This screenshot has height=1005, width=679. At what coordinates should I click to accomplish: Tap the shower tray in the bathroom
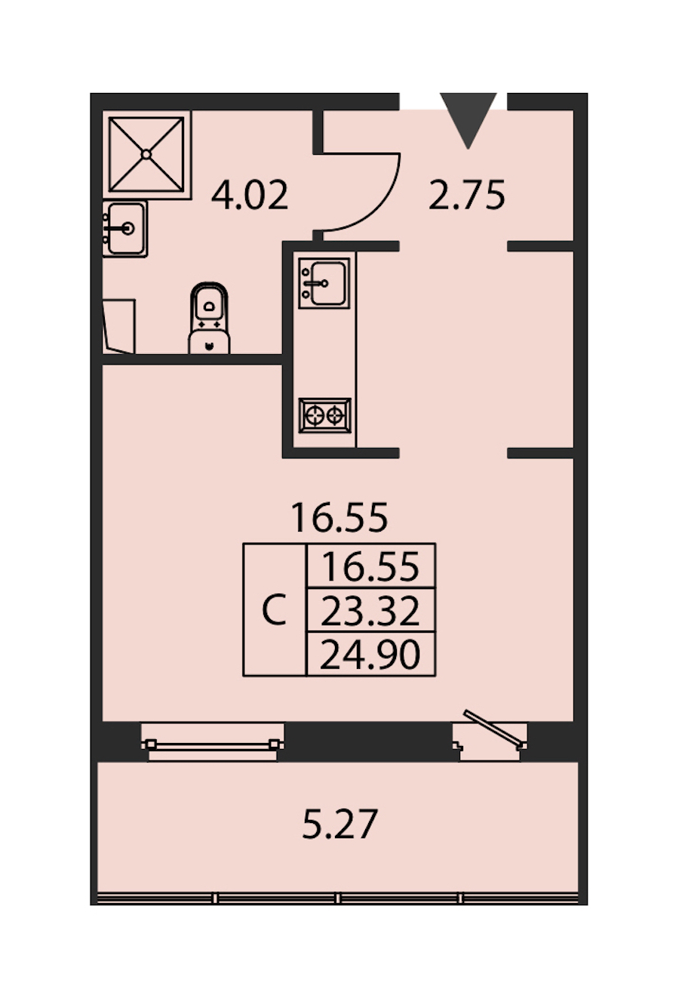(146, 154)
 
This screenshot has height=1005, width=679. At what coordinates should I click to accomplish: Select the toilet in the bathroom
(209, 318)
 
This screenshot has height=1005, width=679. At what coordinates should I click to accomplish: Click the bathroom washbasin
(125, 229)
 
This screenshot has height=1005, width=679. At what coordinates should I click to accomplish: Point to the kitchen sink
(324, 283)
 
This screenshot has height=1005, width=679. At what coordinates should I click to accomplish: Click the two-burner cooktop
(325, 415)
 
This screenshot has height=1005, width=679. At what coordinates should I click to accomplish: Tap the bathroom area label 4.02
(250, 195)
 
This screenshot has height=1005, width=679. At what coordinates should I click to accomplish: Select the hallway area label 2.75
(466, 195)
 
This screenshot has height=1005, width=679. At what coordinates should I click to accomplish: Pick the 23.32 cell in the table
(370, 611)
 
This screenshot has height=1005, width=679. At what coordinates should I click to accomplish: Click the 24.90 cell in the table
(370, 654)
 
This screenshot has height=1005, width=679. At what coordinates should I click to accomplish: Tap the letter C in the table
(275, 609)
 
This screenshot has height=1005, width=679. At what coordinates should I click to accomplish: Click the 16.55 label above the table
(339, 518)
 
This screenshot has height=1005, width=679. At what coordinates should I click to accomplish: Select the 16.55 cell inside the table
(370, 566)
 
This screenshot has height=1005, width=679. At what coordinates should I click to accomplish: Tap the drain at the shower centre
(146, 154)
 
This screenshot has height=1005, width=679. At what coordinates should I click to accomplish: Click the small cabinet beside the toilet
(119, 326)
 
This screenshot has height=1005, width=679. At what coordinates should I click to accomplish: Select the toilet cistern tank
(209, 342)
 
